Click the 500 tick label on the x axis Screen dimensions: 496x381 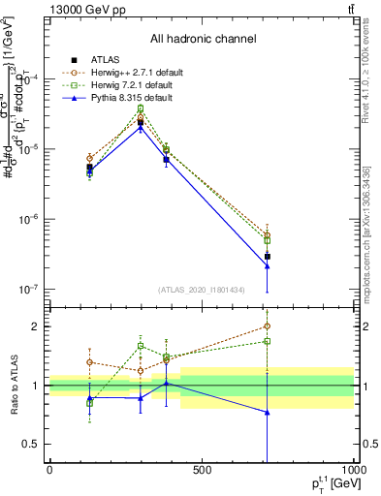click(x=202, y=470)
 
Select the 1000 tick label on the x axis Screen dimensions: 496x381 click(x=353, y=470)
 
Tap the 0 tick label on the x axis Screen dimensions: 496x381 click(x=49, y=470)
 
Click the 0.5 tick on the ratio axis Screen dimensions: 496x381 click(x=32, y=445)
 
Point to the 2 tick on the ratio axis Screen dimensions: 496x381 click(x=37, y=326)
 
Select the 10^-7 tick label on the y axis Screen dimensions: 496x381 click(x=28, y=289)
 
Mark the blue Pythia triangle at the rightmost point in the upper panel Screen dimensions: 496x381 click(x=267, y=265)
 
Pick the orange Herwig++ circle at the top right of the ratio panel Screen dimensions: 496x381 click(x=267, y=326)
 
